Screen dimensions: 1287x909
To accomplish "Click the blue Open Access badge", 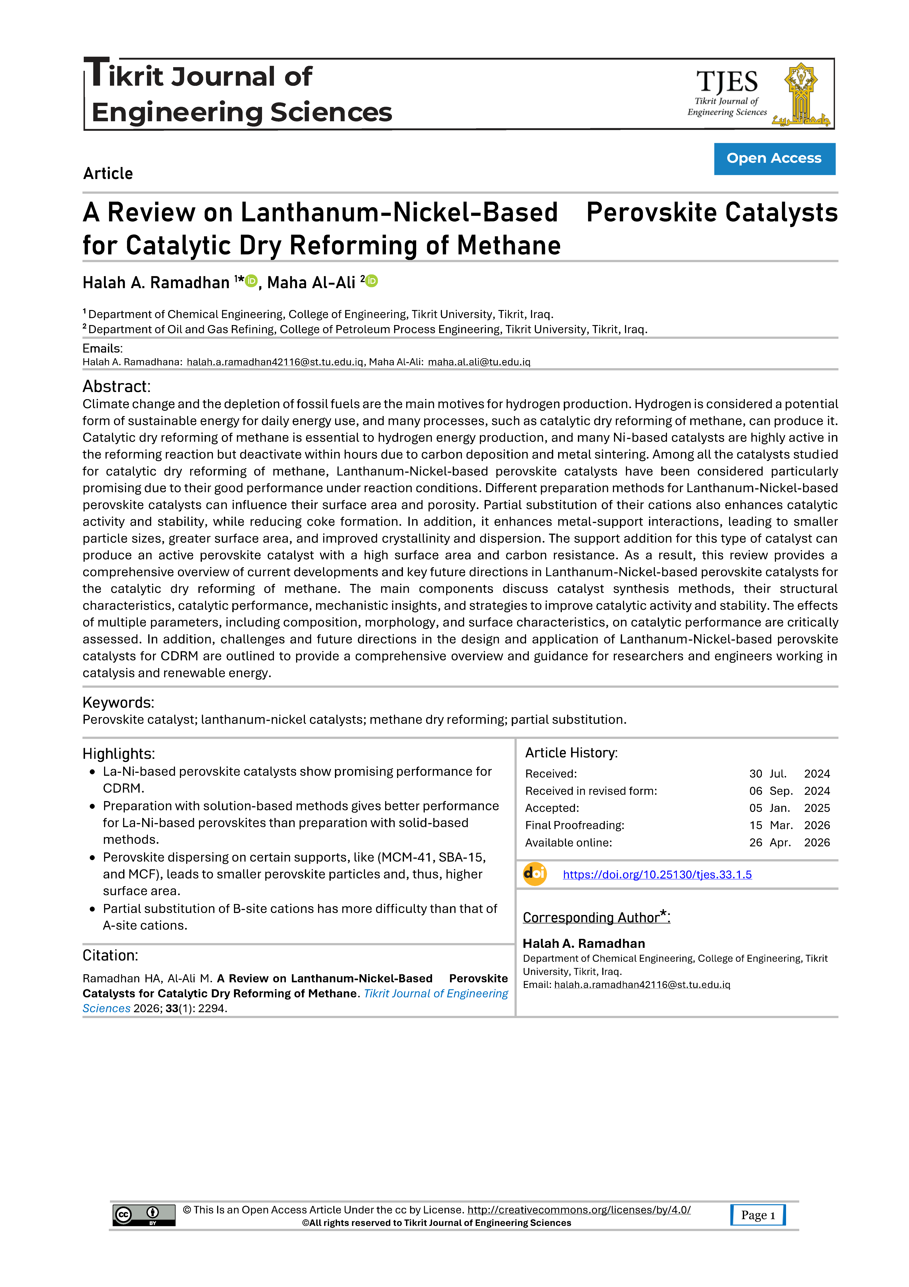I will click(774, 159).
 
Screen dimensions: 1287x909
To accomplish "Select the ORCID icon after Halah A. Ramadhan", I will click(251, 281).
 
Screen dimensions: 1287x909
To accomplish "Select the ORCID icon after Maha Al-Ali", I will click(372, 281).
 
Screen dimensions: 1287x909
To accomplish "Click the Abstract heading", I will click(117, 386).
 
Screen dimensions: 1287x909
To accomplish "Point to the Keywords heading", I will click(118, 702).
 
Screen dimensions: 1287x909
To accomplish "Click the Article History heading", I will click(571, 753).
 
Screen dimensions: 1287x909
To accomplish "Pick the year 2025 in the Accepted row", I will click(817, 808).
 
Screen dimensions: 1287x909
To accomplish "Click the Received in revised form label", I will click(591, 791).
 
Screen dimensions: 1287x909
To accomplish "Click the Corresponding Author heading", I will click(596, 918).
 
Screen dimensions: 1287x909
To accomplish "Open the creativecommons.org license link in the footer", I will click(579, 1210).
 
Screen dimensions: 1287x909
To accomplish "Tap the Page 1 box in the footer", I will click(758, 1215).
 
